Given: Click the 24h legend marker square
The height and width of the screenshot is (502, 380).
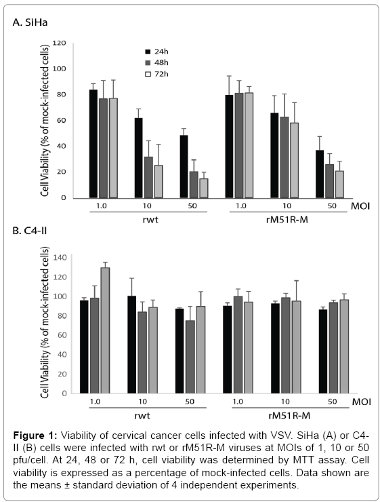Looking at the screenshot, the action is pyautogui.click(x=148, y=52).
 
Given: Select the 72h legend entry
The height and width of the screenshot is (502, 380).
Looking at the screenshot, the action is pyautogui.click(x=156, y=74).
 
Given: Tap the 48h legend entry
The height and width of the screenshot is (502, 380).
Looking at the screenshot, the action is pyautogui.click(x=156, y=62).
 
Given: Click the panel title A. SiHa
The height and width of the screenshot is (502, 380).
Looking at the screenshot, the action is pyautogui.click(x=30, y=22).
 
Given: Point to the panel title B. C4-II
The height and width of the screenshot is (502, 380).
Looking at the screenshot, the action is pyautogui.click(x=30, y=230).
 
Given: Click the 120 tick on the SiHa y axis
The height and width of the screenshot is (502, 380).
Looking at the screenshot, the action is pyautogui.click(x=59, y=43).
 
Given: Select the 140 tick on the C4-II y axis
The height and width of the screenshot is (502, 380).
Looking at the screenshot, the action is pyautogui.click(x=60, y=257).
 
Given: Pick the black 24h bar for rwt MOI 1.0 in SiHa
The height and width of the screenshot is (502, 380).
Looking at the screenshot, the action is pyautogui.click(x=93, y=144).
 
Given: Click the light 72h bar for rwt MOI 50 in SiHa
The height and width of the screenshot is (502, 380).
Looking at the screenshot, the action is pyautogui.click(x=204, y=189).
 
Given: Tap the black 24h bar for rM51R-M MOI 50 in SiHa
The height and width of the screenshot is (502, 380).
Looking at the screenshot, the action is pyautogui.click(x=320, y=174).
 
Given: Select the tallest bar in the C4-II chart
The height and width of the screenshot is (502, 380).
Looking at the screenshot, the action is pyautogui.click(x=106, y=330).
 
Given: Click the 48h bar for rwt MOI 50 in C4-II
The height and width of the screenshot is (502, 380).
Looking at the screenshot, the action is pyautogui.click(x=190, y=357).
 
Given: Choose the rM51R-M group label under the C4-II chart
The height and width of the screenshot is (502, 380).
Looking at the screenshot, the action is pyautogui.click(x=289, y=416).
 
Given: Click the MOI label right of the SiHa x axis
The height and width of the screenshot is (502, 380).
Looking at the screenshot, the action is pyautogui.click(x=360, y=206).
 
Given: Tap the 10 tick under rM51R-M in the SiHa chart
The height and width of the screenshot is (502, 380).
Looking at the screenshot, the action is pyautogui.click(x=287, y=206).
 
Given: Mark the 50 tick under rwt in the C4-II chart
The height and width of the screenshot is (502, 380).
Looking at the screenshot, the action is pyautogui.click(x=190, y=402).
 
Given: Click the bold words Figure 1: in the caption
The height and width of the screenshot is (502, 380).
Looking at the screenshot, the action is pyautogui.click(x=35, y=436).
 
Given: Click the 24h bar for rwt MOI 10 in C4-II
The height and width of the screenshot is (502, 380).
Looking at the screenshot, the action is pyautogui.click(x=131, y=345).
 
